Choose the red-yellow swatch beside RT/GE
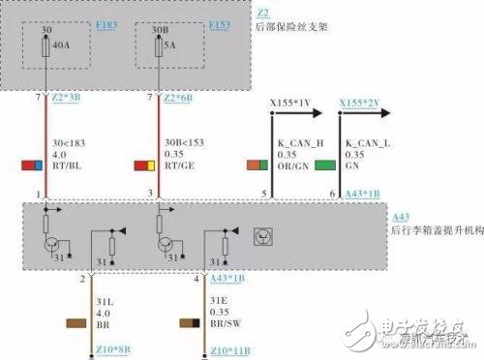click(x=146, y=166)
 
